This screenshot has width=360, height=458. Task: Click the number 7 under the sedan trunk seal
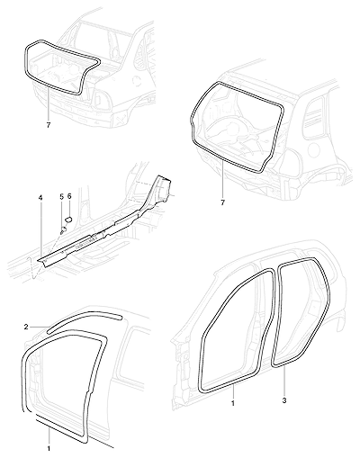click(49, 125)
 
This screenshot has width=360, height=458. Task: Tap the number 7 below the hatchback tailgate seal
click(222, 203)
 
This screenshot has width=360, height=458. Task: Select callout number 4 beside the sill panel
click(40, 197)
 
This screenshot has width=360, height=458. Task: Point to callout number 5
click(62, 197)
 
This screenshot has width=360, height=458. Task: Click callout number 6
click(69, 196)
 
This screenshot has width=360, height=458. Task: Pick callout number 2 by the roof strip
click(26, 327)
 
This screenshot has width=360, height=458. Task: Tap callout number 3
click(284, 400)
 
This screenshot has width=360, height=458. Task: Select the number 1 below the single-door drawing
click(49, 449)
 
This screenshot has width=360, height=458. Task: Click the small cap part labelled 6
click(68, 219)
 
